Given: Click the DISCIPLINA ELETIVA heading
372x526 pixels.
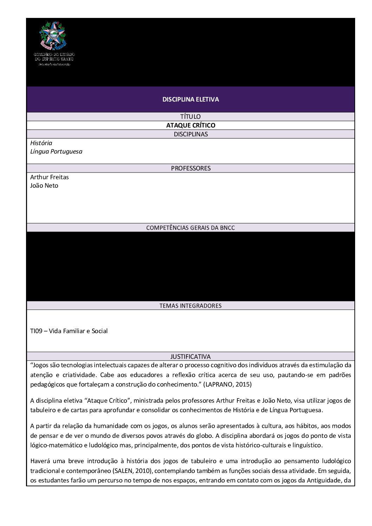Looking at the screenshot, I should point(191,99).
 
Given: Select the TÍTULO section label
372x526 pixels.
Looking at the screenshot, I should point(191,117).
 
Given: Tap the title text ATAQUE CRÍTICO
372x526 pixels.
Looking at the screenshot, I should point(191,125).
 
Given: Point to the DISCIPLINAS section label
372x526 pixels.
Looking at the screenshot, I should point(191,134).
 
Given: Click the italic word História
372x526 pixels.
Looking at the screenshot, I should point(41,143).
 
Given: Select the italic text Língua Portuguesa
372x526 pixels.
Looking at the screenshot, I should point(56,151).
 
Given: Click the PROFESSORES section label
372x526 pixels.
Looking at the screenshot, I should point(191,168).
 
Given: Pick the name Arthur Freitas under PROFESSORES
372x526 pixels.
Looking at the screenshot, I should point(50,177).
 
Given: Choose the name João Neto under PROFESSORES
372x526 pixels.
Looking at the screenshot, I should point(44,186).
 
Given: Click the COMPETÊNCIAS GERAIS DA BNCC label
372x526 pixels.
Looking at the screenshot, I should point(191,228).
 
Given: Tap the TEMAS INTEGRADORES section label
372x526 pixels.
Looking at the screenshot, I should point(191,306).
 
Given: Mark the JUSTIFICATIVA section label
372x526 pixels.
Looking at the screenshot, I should point(191,357).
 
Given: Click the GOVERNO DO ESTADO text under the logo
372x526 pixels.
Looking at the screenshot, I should point(54,54).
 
